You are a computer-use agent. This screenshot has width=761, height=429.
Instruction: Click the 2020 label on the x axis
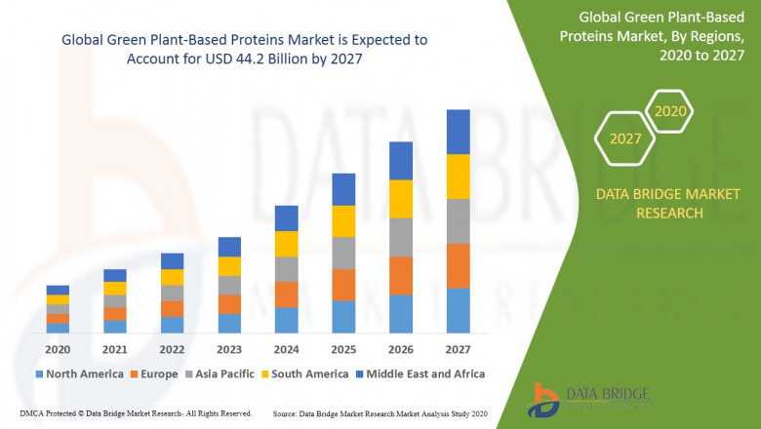(58, 350)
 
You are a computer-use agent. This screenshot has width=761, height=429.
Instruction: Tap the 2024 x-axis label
(286, 350)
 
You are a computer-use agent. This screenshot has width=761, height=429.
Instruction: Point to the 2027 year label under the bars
(458, 350)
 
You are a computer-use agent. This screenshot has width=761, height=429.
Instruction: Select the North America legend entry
(79, 373)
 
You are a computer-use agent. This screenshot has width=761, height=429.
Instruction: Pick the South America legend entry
(304, 373)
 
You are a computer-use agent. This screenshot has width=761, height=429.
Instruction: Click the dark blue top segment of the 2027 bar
(458, 132)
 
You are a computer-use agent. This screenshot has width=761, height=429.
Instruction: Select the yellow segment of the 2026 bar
(400, 199)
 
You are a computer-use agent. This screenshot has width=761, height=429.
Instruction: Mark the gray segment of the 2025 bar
(343, 253)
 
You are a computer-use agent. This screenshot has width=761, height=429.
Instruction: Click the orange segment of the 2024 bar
(286, 294)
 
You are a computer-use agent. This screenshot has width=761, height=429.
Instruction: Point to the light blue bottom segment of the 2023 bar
(229, 324)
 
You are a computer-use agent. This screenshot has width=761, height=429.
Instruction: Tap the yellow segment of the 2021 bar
(115, 288)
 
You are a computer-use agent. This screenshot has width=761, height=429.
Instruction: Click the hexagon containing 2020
(670, 112)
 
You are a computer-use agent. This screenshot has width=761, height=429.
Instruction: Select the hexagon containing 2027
(625, 138)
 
